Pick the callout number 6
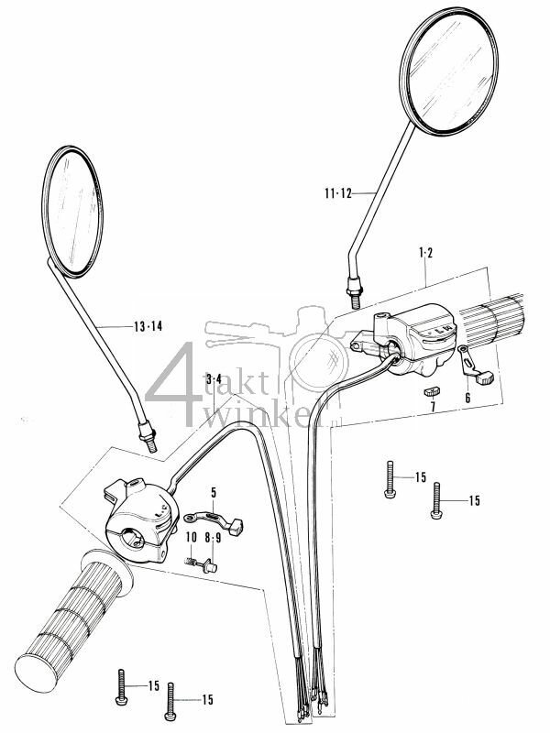click(x=467, y=399)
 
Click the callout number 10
click(x=191, y=538)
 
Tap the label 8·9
click(x=213, y=538)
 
